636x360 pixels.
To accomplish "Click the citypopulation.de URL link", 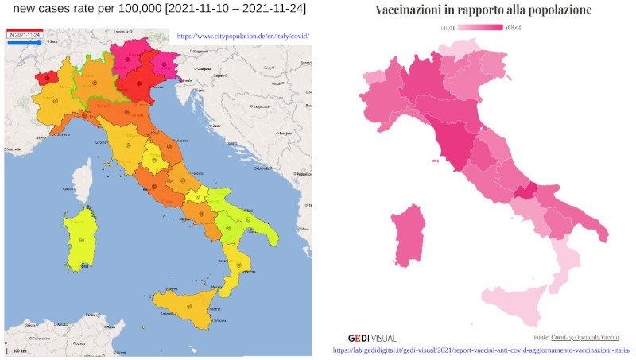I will tap(242, 37).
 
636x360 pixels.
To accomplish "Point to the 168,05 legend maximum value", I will tap(514, 28).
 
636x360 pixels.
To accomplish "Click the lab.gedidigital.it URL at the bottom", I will tap(481, 350).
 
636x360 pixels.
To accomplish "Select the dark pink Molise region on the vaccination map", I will tap(525, 192).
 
